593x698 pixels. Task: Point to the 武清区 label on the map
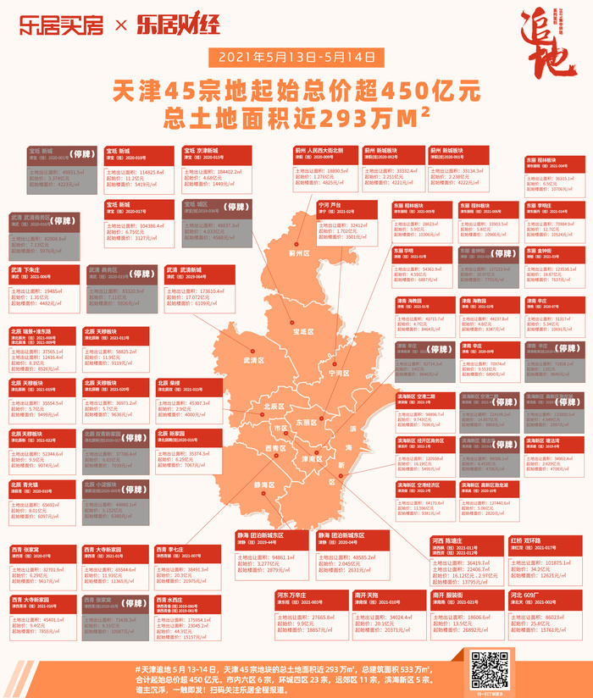point(254,360)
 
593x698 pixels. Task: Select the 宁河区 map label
point(338,371)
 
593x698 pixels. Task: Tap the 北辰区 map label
point(275,406)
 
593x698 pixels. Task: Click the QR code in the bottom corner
point(489,668)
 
